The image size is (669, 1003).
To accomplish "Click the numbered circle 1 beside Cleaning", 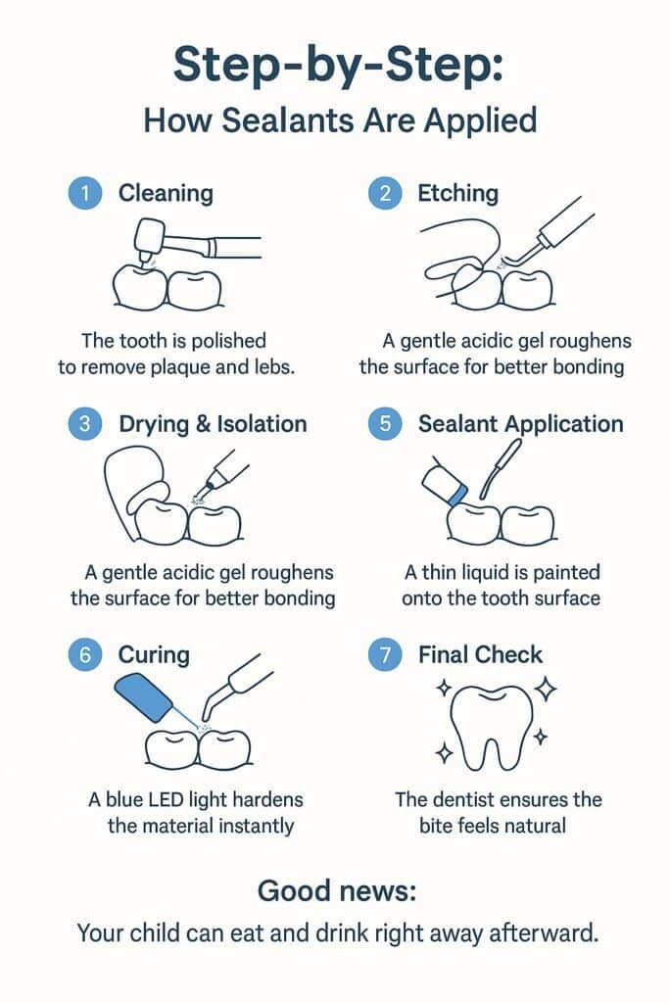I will pos(85,194).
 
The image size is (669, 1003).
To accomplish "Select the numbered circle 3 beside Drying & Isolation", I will pos(85,424).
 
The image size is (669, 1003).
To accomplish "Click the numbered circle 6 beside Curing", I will pos(85,654).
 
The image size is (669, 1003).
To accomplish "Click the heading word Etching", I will pos(458,194).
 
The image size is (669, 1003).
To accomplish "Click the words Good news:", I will pos(334,890).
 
